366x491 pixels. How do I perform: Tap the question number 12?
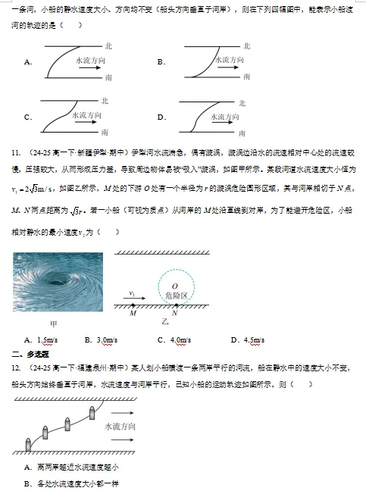coord(16,368)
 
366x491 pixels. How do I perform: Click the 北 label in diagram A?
coord(109,47)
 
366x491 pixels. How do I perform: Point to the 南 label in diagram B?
coord(242,77)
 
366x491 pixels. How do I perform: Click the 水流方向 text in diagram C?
coord(86,115)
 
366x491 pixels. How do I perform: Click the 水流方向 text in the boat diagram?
coord(117,427)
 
